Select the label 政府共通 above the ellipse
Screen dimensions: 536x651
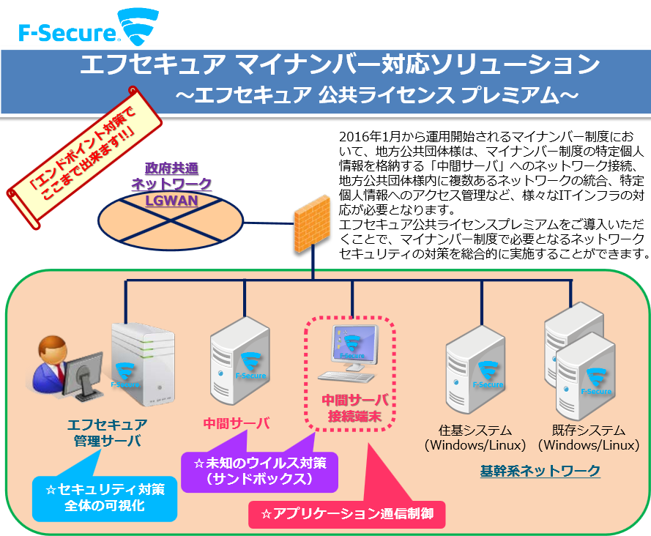[171, 167]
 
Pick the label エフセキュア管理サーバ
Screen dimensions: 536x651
[107, 432]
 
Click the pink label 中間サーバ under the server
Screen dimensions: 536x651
[237, 423]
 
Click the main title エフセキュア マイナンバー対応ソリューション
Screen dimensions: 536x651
[339, 65]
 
